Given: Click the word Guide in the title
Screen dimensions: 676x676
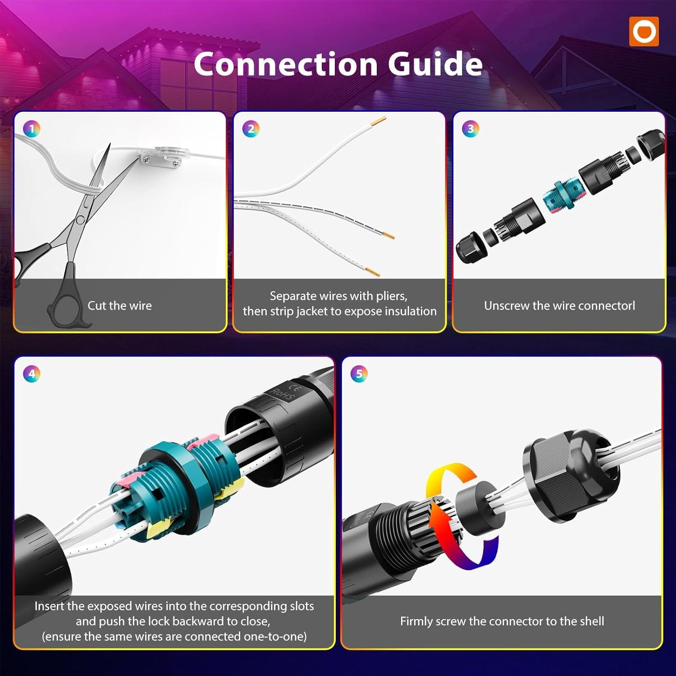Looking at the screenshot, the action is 435,64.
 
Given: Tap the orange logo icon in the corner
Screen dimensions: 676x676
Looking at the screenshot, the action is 644,32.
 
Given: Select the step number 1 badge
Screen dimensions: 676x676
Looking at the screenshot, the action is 32,129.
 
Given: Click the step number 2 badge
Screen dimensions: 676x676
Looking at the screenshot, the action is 251,129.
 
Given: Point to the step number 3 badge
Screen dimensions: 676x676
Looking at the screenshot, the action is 470,129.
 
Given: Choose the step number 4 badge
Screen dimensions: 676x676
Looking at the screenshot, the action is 32,374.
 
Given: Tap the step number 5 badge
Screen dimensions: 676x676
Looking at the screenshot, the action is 359,374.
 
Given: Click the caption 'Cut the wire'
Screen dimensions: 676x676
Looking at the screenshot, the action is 119,306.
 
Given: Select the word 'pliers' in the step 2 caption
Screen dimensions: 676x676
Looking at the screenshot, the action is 391,297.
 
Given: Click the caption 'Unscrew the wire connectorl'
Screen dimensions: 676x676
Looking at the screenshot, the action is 559,306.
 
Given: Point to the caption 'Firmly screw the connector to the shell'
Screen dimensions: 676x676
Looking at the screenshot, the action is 502,621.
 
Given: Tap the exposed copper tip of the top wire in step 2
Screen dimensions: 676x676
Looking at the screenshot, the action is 377,121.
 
